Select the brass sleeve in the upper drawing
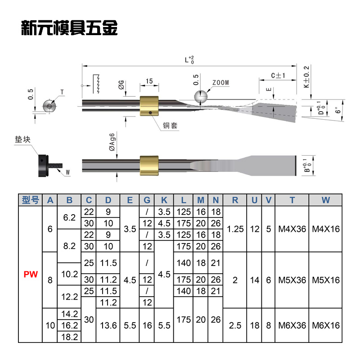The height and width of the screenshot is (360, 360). pyautogui.click(x=150, y=105)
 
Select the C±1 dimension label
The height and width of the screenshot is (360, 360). pyautogui.click(x=277, y=75)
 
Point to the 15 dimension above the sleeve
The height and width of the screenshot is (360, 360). pyautogui.click(x=149, y=81)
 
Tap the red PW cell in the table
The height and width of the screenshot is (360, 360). pyautogui.click(x=30, y=274)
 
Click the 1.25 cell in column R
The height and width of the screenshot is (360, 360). pyautogui.click(x=235, y=229)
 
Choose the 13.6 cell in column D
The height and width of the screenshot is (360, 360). pyautogui.click(x=108, y=325)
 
